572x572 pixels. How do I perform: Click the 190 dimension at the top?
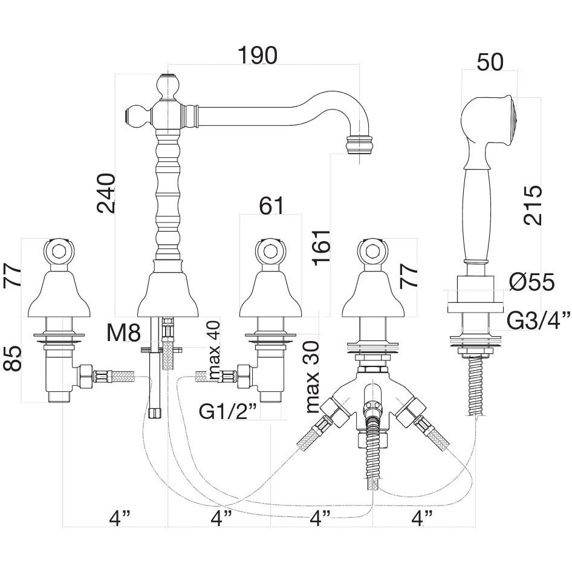pyautogui.click(x=257, y=56)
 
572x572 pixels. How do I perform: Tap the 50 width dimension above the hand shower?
pyautogui.click(x=490, y=62)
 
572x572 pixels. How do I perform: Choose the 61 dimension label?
pyautogui.click(x=271, y=206)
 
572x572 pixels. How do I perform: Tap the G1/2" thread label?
pyautogui.click(x=228, y=411)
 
